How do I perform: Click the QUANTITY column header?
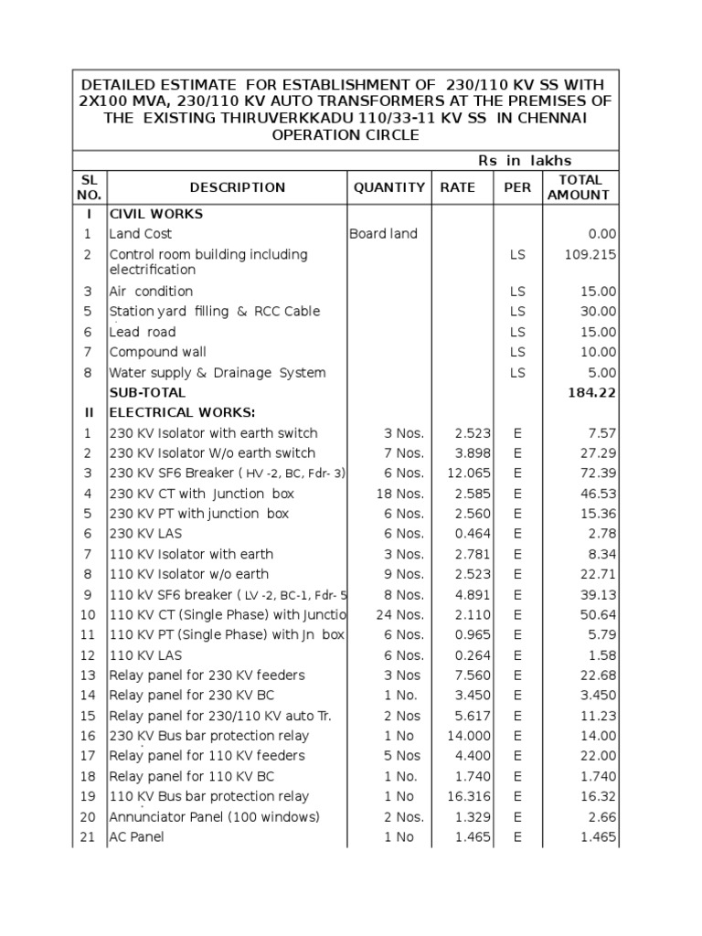point(389,187)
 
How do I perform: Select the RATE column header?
point(457,187)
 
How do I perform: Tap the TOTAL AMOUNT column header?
point(580,187)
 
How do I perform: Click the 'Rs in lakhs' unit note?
point(525,161)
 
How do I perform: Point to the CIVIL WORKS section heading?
point(155,214)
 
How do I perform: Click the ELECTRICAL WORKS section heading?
point(183,412)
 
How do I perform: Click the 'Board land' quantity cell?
point(383,234)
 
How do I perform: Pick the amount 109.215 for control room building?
point(590,254)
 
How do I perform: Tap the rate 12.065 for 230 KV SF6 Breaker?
point(468,473)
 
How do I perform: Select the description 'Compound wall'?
point(157,352)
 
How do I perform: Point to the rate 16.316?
point(468,796)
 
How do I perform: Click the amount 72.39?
point(598,473)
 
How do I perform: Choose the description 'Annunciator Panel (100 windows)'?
point(214,816)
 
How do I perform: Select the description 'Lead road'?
point(143,332)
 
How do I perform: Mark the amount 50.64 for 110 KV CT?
point(598,614)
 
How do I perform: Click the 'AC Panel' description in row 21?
point(137,836)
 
